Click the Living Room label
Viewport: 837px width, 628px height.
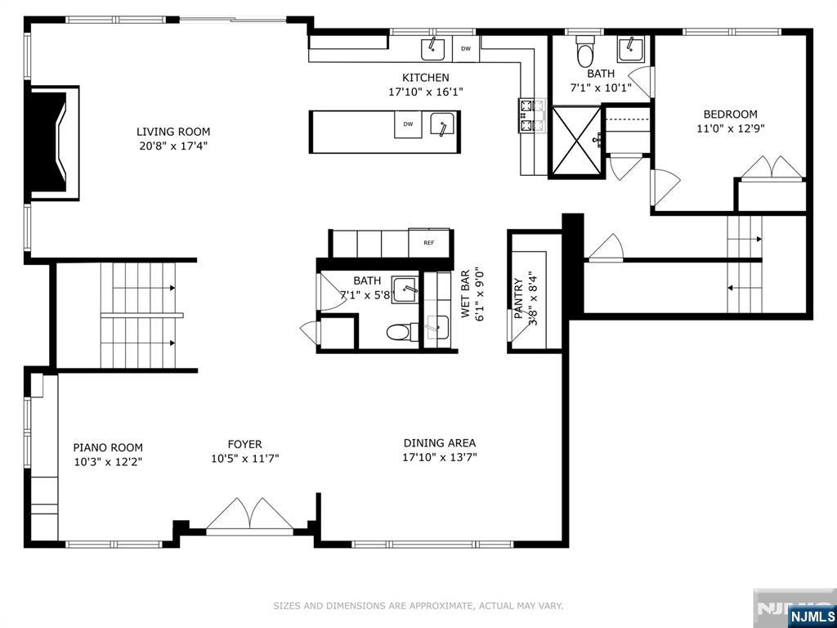[173, 132]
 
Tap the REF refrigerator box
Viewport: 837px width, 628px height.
[429, 242]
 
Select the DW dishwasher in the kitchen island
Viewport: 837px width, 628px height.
[408, 124]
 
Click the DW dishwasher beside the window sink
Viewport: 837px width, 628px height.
[465, 48]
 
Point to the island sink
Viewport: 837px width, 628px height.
[442, 125]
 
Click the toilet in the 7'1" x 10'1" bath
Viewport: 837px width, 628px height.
[585, 50]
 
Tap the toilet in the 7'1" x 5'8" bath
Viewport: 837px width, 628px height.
[398, 332]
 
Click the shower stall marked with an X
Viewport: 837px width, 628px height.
[576, 141]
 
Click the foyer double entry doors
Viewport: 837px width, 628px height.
[250, 516]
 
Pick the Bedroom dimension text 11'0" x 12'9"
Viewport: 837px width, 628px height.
[730, 128]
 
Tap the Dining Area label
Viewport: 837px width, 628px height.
[439, 442]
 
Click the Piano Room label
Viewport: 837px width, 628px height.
[108, 447]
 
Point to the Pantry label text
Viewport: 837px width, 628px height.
[517, 298]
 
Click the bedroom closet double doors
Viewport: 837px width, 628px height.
[772, 168]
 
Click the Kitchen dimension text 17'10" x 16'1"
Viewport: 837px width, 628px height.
[425, 92]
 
